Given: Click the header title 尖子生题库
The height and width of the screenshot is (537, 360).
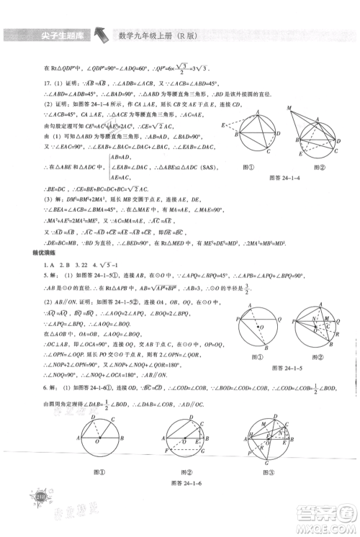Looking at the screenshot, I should point(45,34).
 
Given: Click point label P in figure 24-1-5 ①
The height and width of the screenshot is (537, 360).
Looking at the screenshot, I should point(238,317).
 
